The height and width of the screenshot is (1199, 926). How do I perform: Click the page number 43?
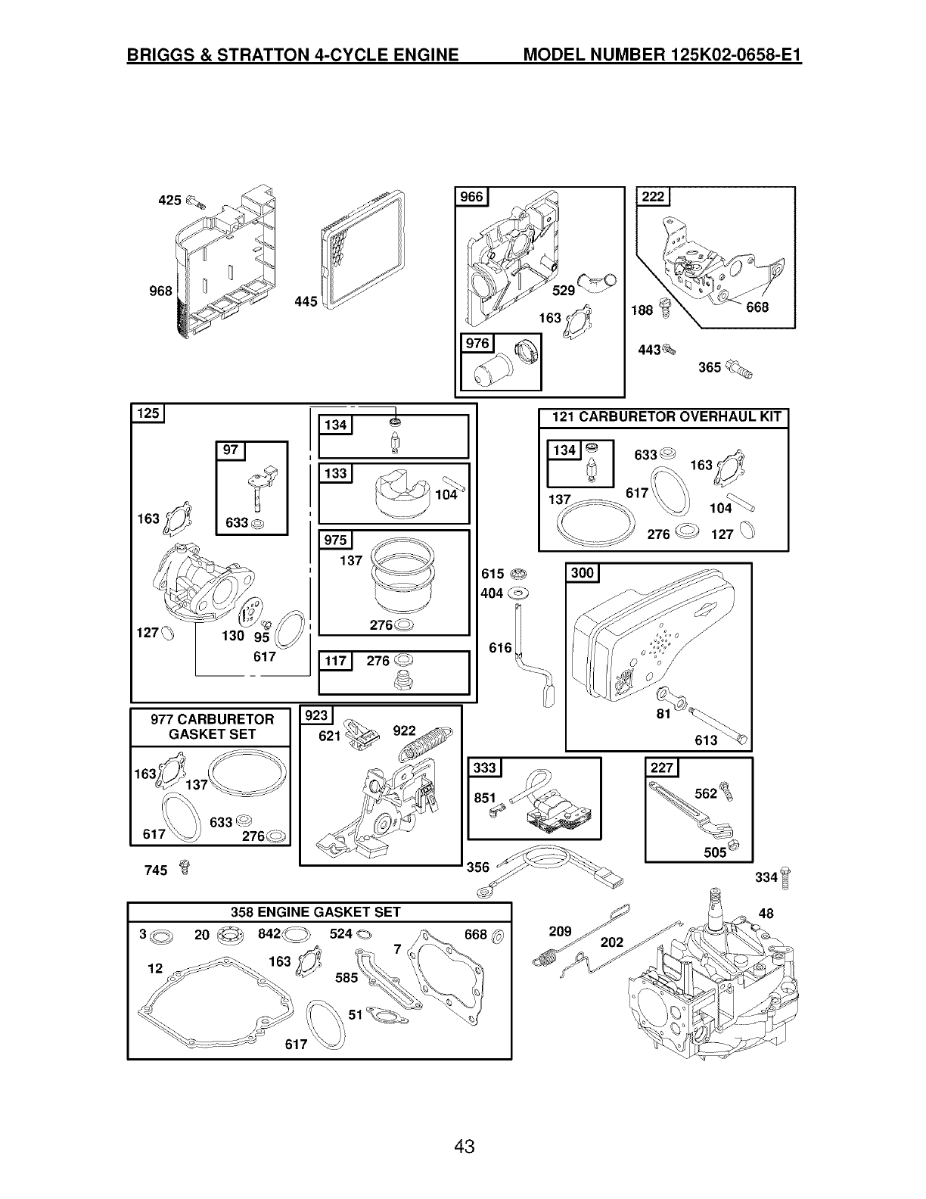pos(464,1147)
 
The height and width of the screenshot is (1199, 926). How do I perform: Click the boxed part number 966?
pos(472,198)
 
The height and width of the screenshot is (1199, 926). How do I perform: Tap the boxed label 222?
pos(652,198)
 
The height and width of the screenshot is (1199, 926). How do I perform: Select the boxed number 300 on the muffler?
pos(583,573)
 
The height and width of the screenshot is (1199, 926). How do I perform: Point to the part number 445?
pos(305,302)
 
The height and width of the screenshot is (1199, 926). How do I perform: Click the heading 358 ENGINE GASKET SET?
pos(315,912)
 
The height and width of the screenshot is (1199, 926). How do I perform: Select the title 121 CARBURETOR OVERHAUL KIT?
pos(663,417)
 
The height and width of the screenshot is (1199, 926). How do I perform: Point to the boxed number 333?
pos(484,768)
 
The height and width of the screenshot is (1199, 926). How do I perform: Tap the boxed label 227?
pos(662,768)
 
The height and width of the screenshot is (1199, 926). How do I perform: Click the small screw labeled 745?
pos(182,867)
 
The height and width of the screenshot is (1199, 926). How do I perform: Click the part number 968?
pos(161,291)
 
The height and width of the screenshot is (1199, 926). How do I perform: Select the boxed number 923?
pos(316,715)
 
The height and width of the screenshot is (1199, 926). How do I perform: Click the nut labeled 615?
pos(520,572)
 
